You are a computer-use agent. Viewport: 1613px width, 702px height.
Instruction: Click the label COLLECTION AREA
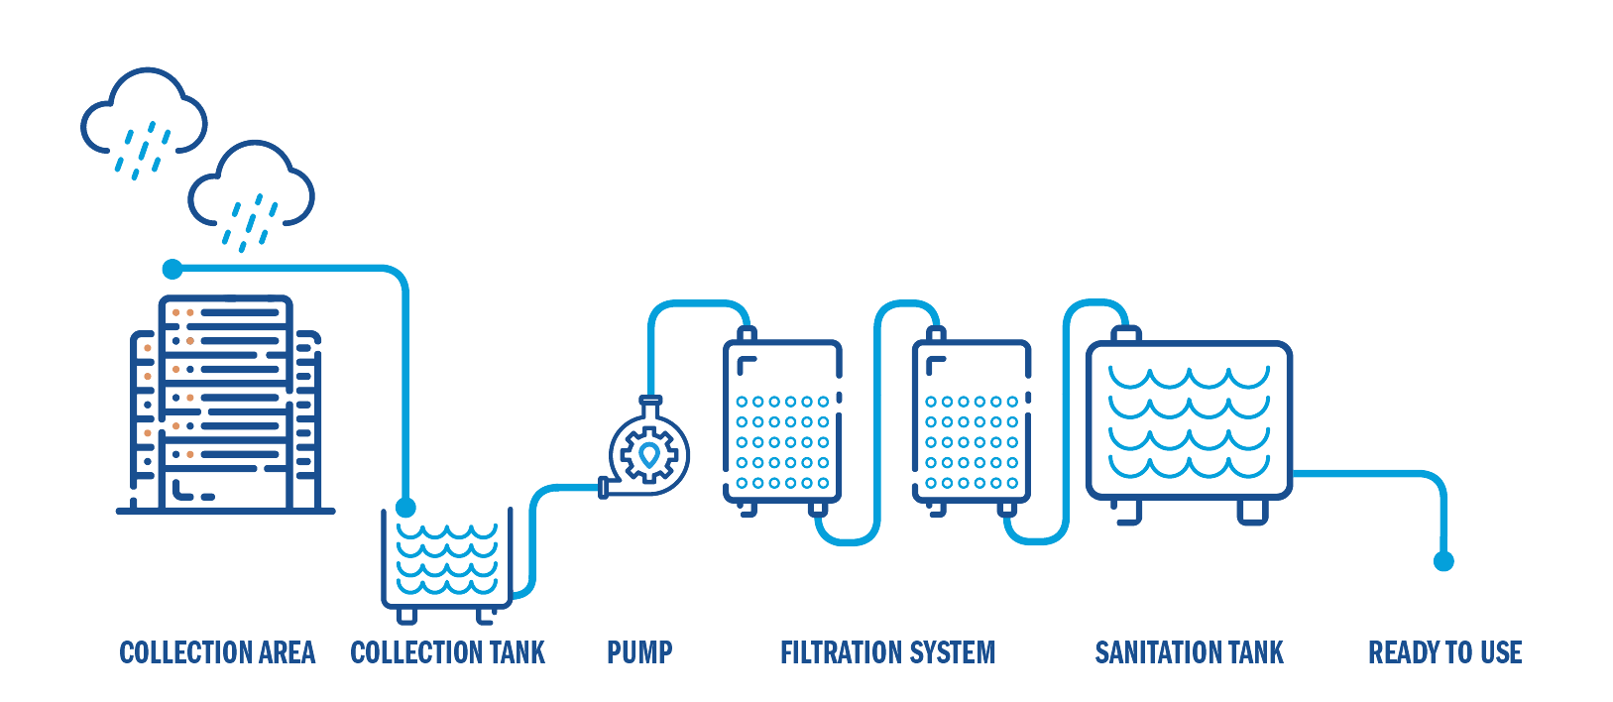[x=217, y=652]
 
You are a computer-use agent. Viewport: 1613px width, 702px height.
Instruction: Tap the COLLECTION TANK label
[x=447, y=652]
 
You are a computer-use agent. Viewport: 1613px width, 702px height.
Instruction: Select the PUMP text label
[x=639, y=652]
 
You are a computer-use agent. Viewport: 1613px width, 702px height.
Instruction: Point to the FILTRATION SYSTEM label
[x=887, y=652]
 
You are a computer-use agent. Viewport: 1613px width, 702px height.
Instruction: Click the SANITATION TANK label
[x=1189, y=652]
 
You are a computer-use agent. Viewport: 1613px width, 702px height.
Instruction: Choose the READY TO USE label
[x=1444, y=652]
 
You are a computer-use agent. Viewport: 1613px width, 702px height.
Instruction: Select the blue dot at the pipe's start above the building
[x=173, y=269]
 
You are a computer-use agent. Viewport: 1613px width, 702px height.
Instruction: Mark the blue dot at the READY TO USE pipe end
[x=1443, y=561]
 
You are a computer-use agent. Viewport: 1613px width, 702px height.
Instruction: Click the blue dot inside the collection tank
[x=405, y=508]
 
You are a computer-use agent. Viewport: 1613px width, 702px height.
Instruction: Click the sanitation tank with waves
[x=1189, y=420]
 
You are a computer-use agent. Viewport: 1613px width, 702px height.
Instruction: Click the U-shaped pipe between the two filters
[x=876, y=426]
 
